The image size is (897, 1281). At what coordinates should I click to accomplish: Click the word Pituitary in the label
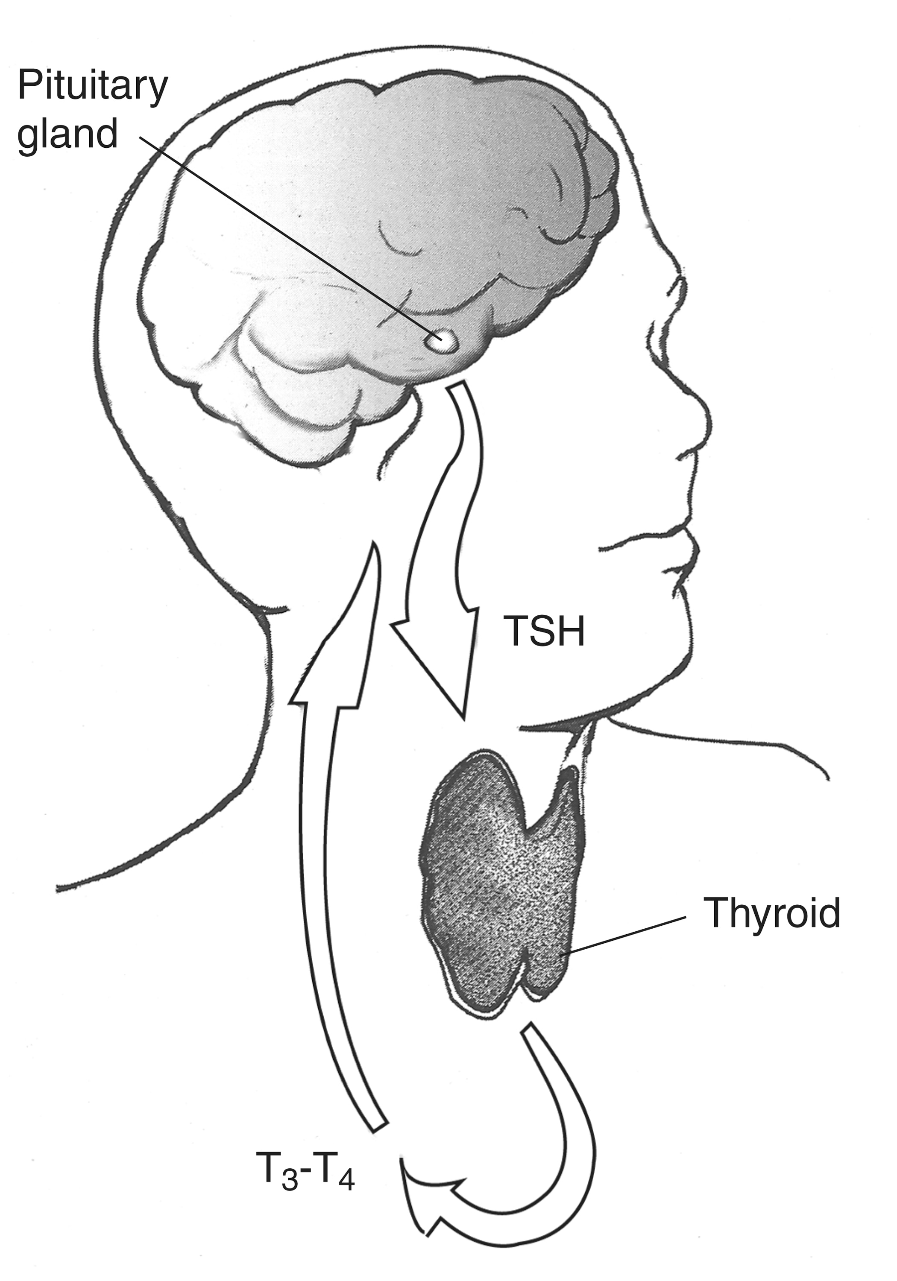[x=93, y=85]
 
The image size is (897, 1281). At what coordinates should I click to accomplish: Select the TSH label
[x=544, y=631]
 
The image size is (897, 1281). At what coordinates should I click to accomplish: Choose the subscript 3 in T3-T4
[x=289, y=1181]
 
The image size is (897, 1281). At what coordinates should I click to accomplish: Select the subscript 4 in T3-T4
[x=346, y=1181]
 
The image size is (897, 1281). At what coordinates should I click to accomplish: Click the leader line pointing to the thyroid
[x=622, y=935]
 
